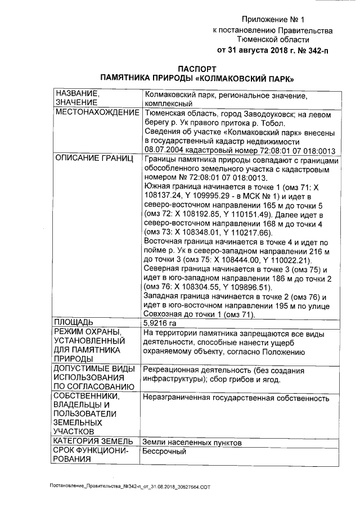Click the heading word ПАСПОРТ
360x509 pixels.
201,67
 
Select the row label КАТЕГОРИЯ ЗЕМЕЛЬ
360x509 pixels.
93,442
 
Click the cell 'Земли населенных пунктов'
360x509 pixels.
192,443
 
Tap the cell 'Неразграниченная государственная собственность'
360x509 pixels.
236,398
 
